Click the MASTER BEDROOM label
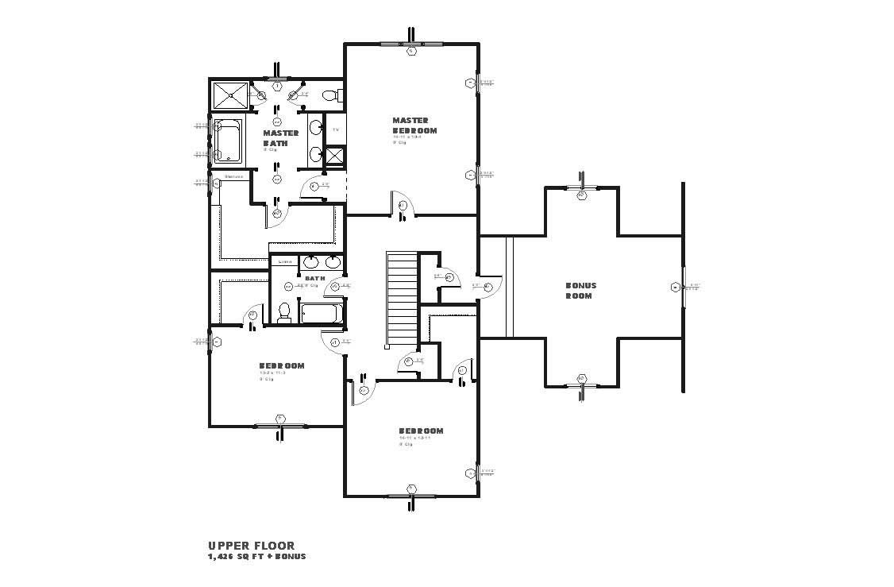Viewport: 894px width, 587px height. coord(414,126)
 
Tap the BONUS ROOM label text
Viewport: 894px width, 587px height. coord(580,290)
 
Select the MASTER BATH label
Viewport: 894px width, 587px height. coord(280,138)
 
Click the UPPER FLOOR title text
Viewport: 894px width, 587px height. coord(251,546)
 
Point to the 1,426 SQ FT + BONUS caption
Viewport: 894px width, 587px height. coord(256,557)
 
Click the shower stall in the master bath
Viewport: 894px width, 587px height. coord(229,97)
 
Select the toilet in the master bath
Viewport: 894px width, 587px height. coord(329,96)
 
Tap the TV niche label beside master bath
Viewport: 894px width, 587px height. coord(335,129)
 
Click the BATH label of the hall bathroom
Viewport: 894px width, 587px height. coord(315,278)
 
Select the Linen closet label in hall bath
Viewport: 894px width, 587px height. coord(284,261)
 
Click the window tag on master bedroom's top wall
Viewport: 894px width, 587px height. coord(411,52)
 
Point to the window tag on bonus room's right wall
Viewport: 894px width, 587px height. coord(676,287)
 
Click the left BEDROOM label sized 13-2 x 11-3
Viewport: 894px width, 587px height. coord(281,366)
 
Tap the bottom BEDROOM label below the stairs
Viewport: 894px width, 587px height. coord(421,431)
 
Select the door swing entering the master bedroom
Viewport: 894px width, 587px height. coord(400,205)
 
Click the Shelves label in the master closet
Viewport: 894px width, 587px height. coord(233,176)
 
